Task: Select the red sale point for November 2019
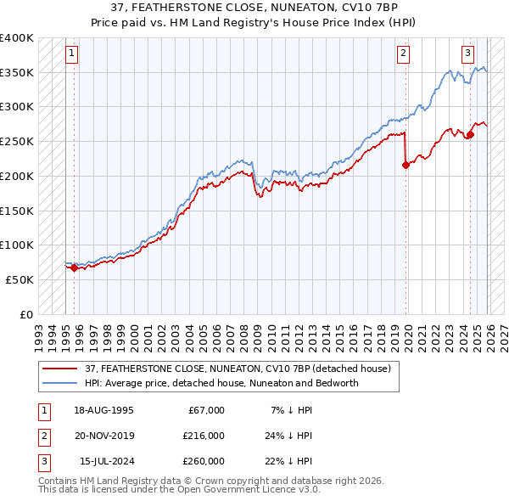406,165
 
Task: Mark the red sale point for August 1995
74,268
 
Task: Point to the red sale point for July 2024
470,134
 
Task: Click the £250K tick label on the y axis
17,141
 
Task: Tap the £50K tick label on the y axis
20,279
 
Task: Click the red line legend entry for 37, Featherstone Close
238,369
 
